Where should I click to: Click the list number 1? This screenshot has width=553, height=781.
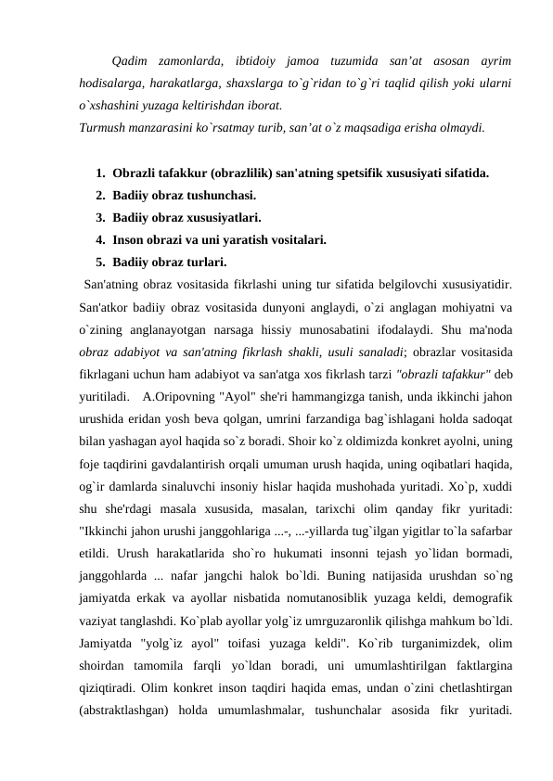click(x=98, y=173)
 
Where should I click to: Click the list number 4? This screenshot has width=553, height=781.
click(x=98, y=239)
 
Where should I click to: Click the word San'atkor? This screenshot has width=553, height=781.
click(x=106, y=306)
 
